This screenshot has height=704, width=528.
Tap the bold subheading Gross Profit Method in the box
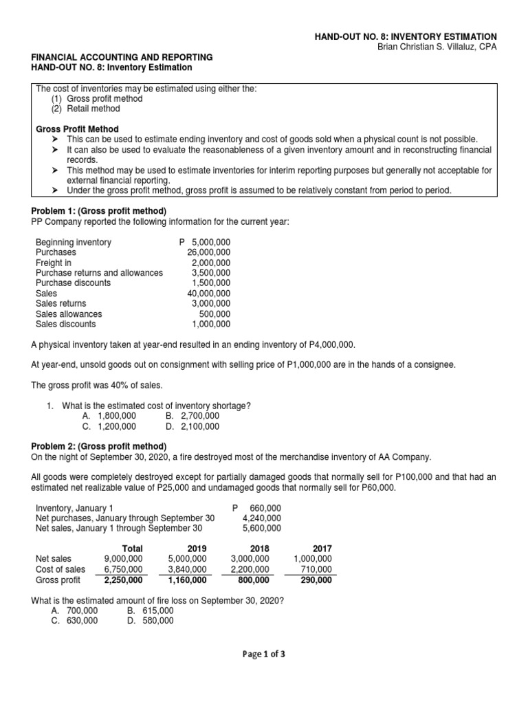coord(77,129)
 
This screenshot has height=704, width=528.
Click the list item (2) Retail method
coord(85,109)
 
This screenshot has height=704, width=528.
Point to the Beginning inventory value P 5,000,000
coord(204,243)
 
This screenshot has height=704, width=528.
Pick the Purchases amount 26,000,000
coord(209,252)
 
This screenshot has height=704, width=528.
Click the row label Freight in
coord(54,263)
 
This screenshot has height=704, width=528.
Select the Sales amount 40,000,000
coord(209,294)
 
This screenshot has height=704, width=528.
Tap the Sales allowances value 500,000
coord(214,314)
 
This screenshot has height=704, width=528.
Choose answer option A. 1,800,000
coord(109,416)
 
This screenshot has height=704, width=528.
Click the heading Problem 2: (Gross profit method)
coord(99,445)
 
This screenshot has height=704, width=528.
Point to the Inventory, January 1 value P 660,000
coord(256,507)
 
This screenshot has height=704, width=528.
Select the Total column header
coord(132,548)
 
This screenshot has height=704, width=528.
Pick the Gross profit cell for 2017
coord(316,580)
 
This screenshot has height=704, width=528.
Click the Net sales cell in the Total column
coord(124,559)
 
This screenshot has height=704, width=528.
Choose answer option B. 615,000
coord(151,610)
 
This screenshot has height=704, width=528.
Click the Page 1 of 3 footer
coord(263,654)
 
